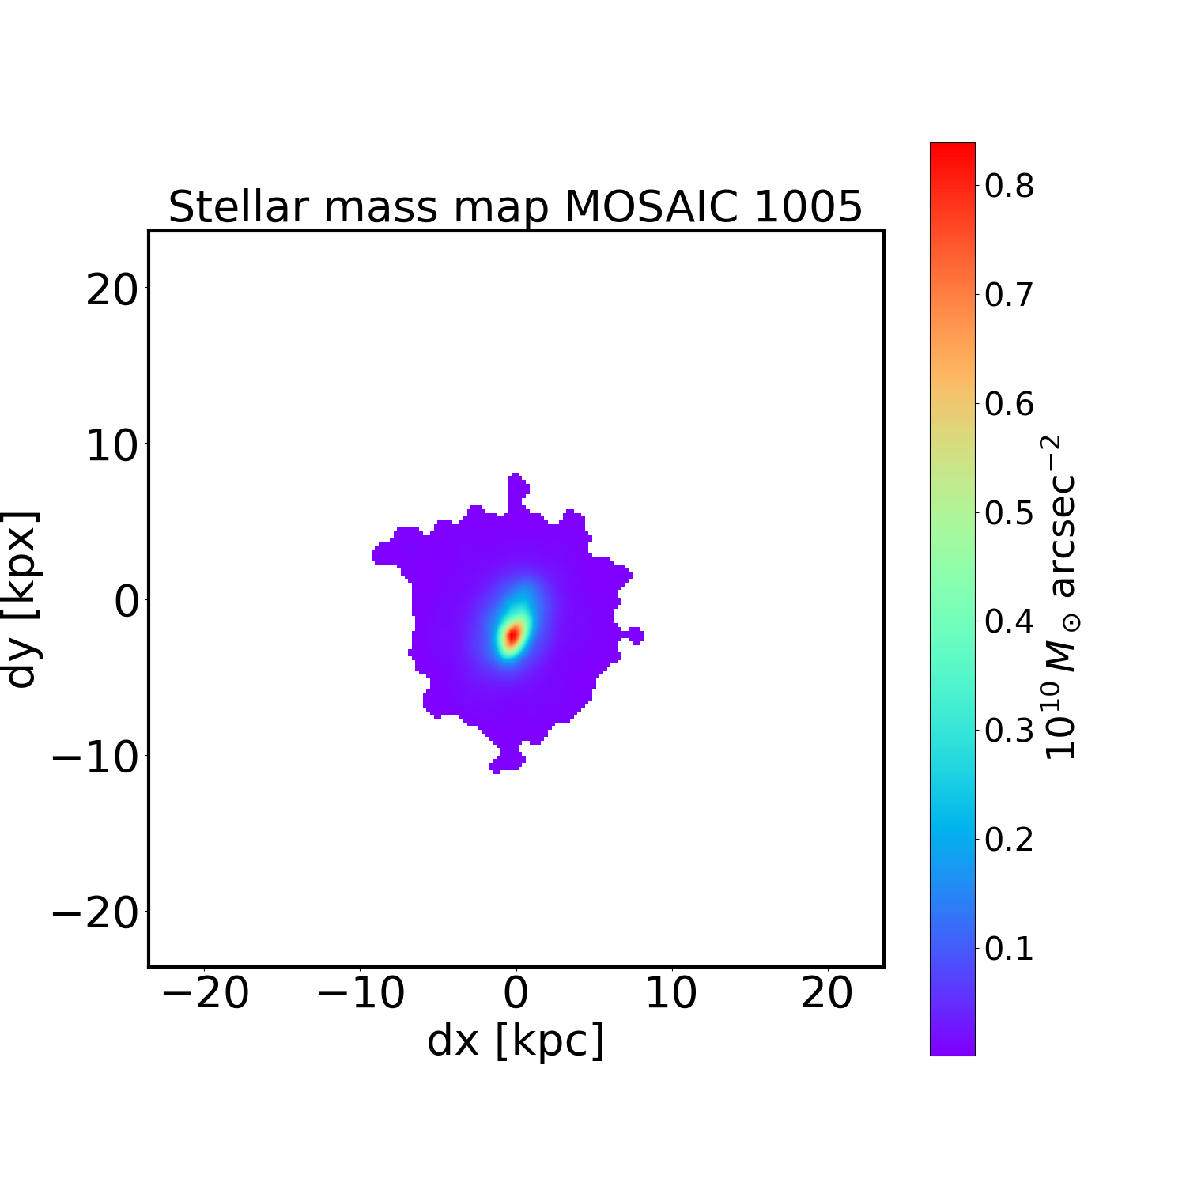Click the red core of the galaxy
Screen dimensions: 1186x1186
[512, 635]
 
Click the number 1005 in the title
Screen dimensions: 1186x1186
[807, 208]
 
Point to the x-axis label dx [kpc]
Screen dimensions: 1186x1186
[516, 1041]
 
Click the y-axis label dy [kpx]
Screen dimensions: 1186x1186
[22, 599]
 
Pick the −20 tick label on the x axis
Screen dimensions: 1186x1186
[205, 993]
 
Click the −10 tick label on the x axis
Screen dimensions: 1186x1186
[361, 993]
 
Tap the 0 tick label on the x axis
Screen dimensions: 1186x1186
[516, 993]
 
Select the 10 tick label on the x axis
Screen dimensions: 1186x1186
[671, 993]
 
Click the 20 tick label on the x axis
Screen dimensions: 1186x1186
[827, 993]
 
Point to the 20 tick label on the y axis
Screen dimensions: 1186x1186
[111, 292]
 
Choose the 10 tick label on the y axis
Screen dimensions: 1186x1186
[111, 448]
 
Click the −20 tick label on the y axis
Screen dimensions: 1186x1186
[95, 915]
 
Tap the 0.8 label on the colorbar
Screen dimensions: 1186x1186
[1009, 186]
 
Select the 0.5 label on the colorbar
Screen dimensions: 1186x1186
[1009, 513]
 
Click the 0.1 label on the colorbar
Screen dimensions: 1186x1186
[1009, 949]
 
